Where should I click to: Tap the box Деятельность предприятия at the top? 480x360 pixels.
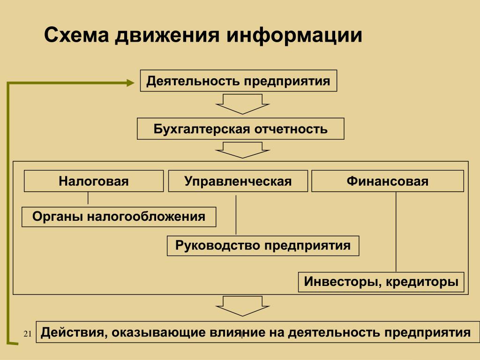pyautogui.click(x=239, y=81)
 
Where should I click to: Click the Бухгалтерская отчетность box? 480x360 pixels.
pyautogui.click(x=240, y=129)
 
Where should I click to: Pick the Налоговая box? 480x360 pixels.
pyautogui.click(x=94, y=181)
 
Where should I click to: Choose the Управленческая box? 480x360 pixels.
pyautogui.click(x=238, y=181)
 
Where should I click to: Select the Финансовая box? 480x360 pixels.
pyautogui.click(x=388, y=181)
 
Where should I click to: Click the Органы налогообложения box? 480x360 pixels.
pyautogui.click(x=119, y=217)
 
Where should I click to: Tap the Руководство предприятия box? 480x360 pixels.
pyautogui.click(x=263, y=246)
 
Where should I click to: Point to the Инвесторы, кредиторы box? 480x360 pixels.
pyautogui.click(x=381, y=282)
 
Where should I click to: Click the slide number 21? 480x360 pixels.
pyautogui.click(x=27, y=334)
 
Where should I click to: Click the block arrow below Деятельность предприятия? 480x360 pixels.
pyautogui.click(x=242, y=104)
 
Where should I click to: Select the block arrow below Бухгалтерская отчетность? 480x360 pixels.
pyautogui.click(x=242, y=150)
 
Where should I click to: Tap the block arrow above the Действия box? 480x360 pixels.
pyautogui.click(x=242, y=306)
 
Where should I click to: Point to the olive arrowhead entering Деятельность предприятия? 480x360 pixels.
pyautogui.click(x=129, y=82)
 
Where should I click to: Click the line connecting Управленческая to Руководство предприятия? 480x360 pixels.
pyautogui.click(x=236, y=214)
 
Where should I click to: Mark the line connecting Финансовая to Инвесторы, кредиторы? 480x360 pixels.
pyautogui.click(x=396, y=232)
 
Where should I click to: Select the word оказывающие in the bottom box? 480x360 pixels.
pyautogui.click(x=153, y=333)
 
